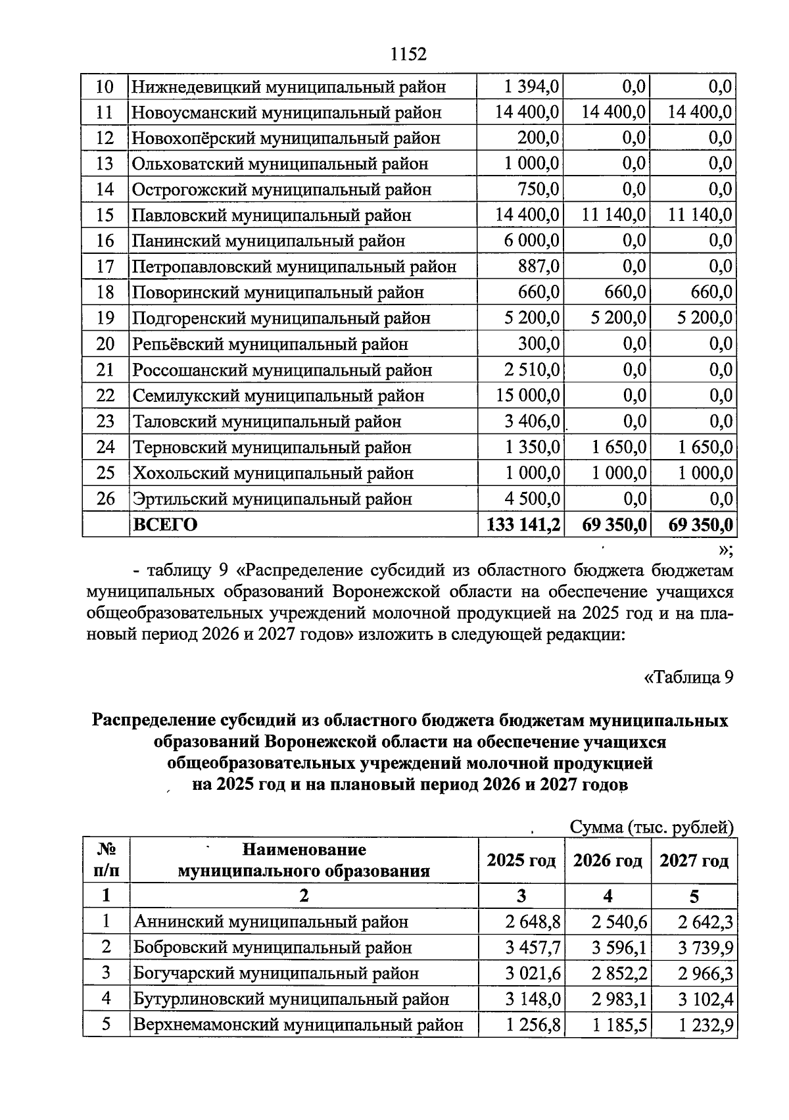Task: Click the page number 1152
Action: (x=408, y=54)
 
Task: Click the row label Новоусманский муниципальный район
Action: (x=287, y=112)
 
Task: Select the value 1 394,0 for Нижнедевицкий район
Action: (x=532, y=87)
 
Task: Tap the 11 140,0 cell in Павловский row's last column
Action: (x=700, y=215)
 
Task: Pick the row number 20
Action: (x=105, y=344)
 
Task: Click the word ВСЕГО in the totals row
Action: (x=166, y=524)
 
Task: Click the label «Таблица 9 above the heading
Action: (x=687, y=677)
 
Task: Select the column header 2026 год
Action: (x=608, y=861)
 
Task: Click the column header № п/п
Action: (x=106, y=860)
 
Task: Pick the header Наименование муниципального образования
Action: (x=304, y=860)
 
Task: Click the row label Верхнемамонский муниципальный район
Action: (x=299, y=1025)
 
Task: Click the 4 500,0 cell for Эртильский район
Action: (x=532, y=499)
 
